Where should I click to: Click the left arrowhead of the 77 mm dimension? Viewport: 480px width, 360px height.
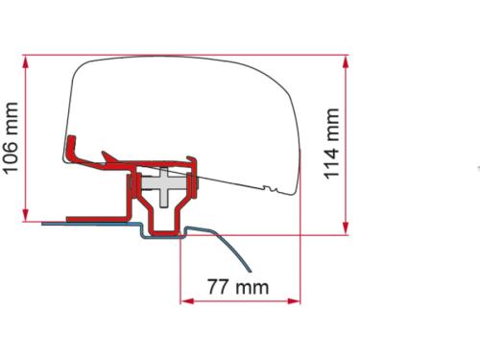[186, 300]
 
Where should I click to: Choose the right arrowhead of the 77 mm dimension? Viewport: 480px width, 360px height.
[297, 300]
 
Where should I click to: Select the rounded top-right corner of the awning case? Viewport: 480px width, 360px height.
[283, 91]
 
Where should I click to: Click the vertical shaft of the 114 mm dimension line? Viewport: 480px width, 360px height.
[345, 144]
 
